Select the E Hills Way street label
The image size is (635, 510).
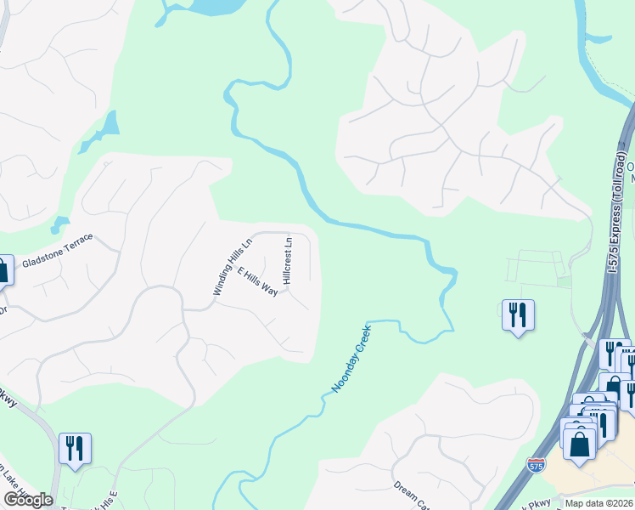258,281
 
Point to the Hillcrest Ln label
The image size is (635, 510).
288,261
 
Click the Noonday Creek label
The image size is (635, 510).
351,358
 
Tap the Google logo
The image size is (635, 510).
28,500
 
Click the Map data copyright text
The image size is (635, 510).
598,503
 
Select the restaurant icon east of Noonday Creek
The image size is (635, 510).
518,314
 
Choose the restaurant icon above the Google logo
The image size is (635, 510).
75,447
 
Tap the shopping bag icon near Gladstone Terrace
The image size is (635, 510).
3,270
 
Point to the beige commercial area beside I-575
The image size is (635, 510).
594,480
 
